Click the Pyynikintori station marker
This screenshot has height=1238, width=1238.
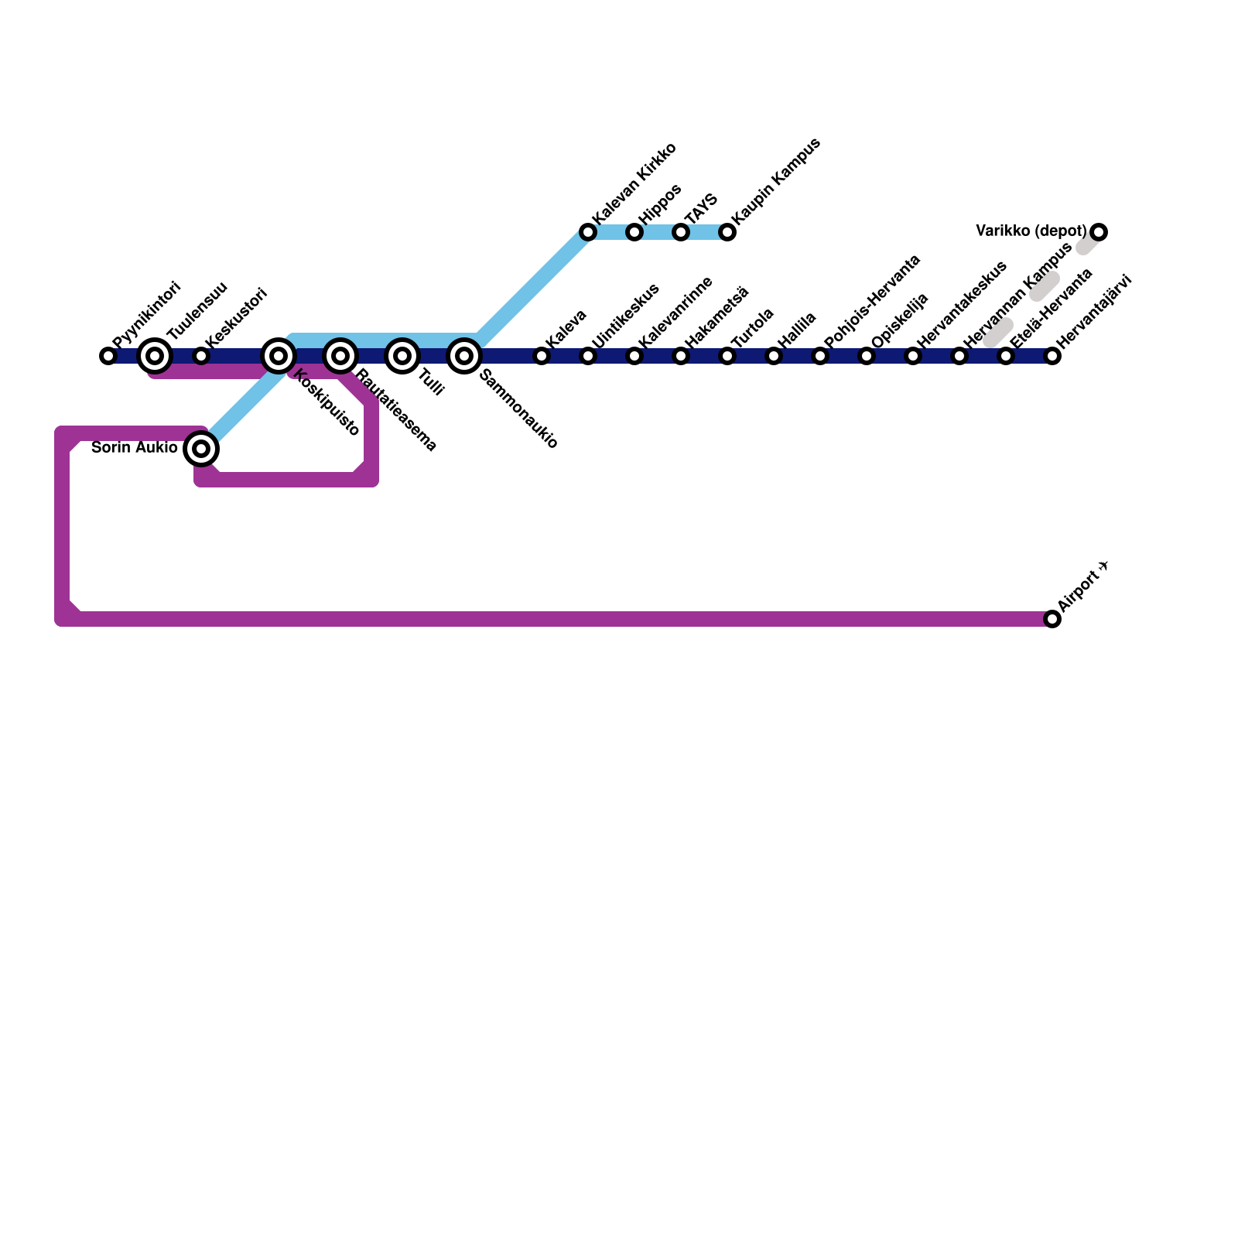pyautogui.click(x=108, y=356)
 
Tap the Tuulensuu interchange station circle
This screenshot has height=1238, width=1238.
pyautogui.click(x=155, y=356)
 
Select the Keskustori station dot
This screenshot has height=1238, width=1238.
pyautogui.click(x=201, y=356)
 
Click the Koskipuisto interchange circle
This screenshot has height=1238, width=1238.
pyautogui.click(x=279, y=356)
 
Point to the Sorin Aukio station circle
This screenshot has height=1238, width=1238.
pyautogui.click(x=201, y=449)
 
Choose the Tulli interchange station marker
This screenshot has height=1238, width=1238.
pyautogui.click(x=402, y=356)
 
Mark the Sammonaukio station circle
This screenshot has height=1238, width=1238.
pyautogui.click(x=464, y=356)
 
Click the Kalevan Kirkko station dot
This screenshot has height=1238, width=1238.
pyautogui.click(x=588, y=232)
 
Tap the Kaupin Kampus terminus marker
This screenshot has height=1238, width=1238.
pyautogui.click(x=727, y=232)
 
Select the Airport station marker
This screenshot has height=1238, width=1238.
pyautogui.click(x=1052, y=619)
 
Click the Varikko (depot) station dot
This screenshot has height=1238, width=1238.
pyautogui.click(x=1099, y=232)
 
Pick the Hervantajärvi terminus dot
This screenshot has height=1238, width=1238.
pyautogui.click(x=1052, y=356)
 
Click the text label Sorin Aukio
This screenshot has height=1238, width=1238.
pyautogui.click(x=135, y=447)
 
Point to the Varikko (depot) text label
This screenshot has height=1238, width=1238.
pyautogui.click(x=1031, y=231)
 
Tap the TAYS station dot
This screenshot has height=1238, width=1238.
pyautogui.click(x=681, y=232)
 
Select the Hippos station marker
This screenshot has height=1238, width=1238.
pyautogui.click(x=634, y=232)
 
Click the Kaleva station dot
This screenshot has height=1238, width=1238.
pyautogui.click(x=542, y=356)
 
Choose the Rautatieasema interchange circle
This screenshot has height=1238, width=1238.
pyautogui.click(x=340, y=356)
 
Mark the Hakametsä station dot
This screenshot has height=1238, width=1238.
pyautogui.click(x=681, y=356)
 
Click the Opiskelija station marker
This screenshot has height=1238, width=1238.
pyautogui.click(x=867, y=356)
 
